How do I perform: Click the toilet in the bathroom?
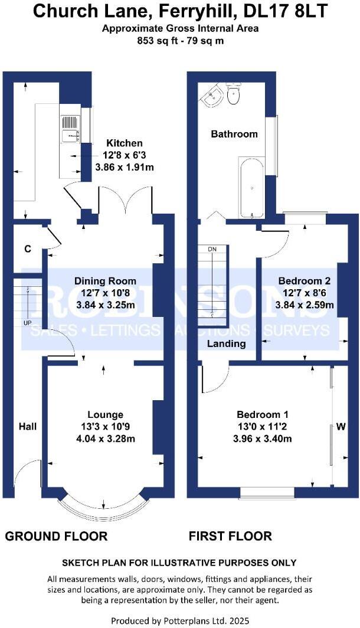pyautogui.click(x=234, y=95)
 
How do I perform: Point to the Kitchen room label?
pyautogui.click(x=124, y=143)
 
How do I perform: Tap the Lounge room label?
pyautogui.click(x=105, y=414)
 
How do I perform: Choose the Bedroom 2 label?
pyautogui.click(x=305, y=281)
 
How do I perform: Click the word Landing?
pyautogui.click(x=226, y=344)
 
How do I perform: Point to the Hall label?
pyautogui.click(x=28, y=426)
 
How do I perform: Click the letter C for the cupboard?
pyautogui.click(x=27, y=249)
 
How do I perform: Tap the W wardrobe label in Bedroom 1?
pyautogui.click(x=341, y=427)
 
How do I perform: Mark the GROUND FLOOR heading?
pyautogui.click(x=57, y=536)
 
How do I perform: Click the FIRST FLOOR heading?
pyautogui.click(x=230, y=536)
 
